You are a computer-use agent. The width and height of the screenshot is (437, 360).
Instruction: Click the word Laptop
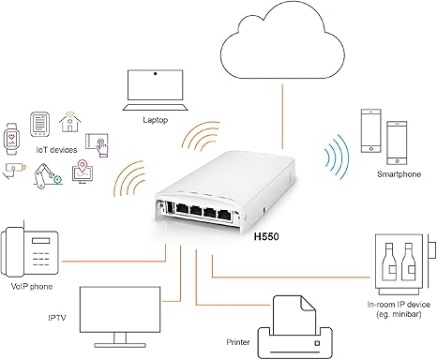coord(155,119)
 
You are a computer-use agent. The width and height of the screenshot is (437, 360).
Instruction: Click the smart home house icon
coord(69,120)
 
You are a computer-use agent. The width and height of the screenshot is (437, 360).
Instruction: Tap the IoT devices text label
coord(55,148)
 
